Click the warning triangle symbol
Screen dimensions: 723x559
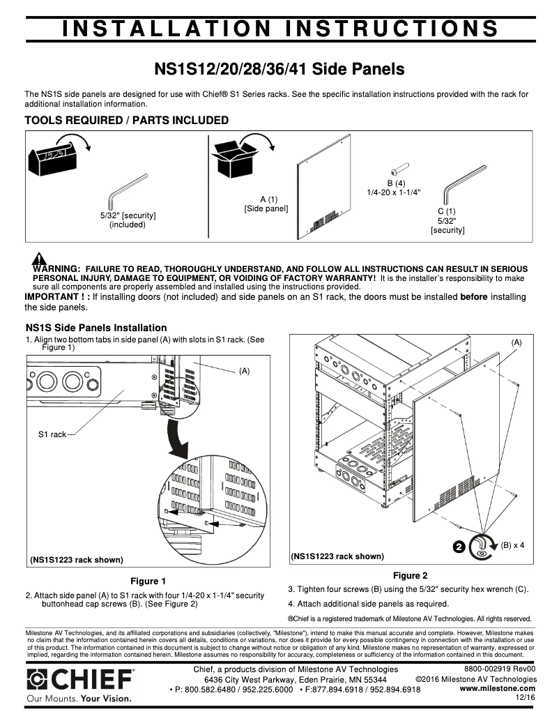39,259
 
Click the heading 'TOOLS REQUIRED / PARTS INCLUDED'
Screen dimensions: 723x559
127,121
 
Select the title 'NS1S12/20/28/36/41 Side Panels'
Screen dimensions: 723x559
279,70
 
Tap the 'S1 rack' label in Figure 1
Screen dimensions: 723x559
52,434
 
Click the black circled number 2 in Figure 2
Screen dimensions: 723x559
459,547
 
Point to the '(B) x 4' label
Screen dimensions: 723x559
512,545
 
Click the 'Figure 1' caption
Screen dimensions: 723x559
148,581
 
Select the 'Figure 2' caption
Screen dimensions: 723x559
410,575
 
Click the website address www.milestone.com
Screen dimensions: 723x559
498,688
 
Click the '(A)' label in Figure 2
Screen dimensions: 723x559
516,342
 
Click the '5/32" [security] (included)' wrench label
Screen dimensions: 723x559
128,220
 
